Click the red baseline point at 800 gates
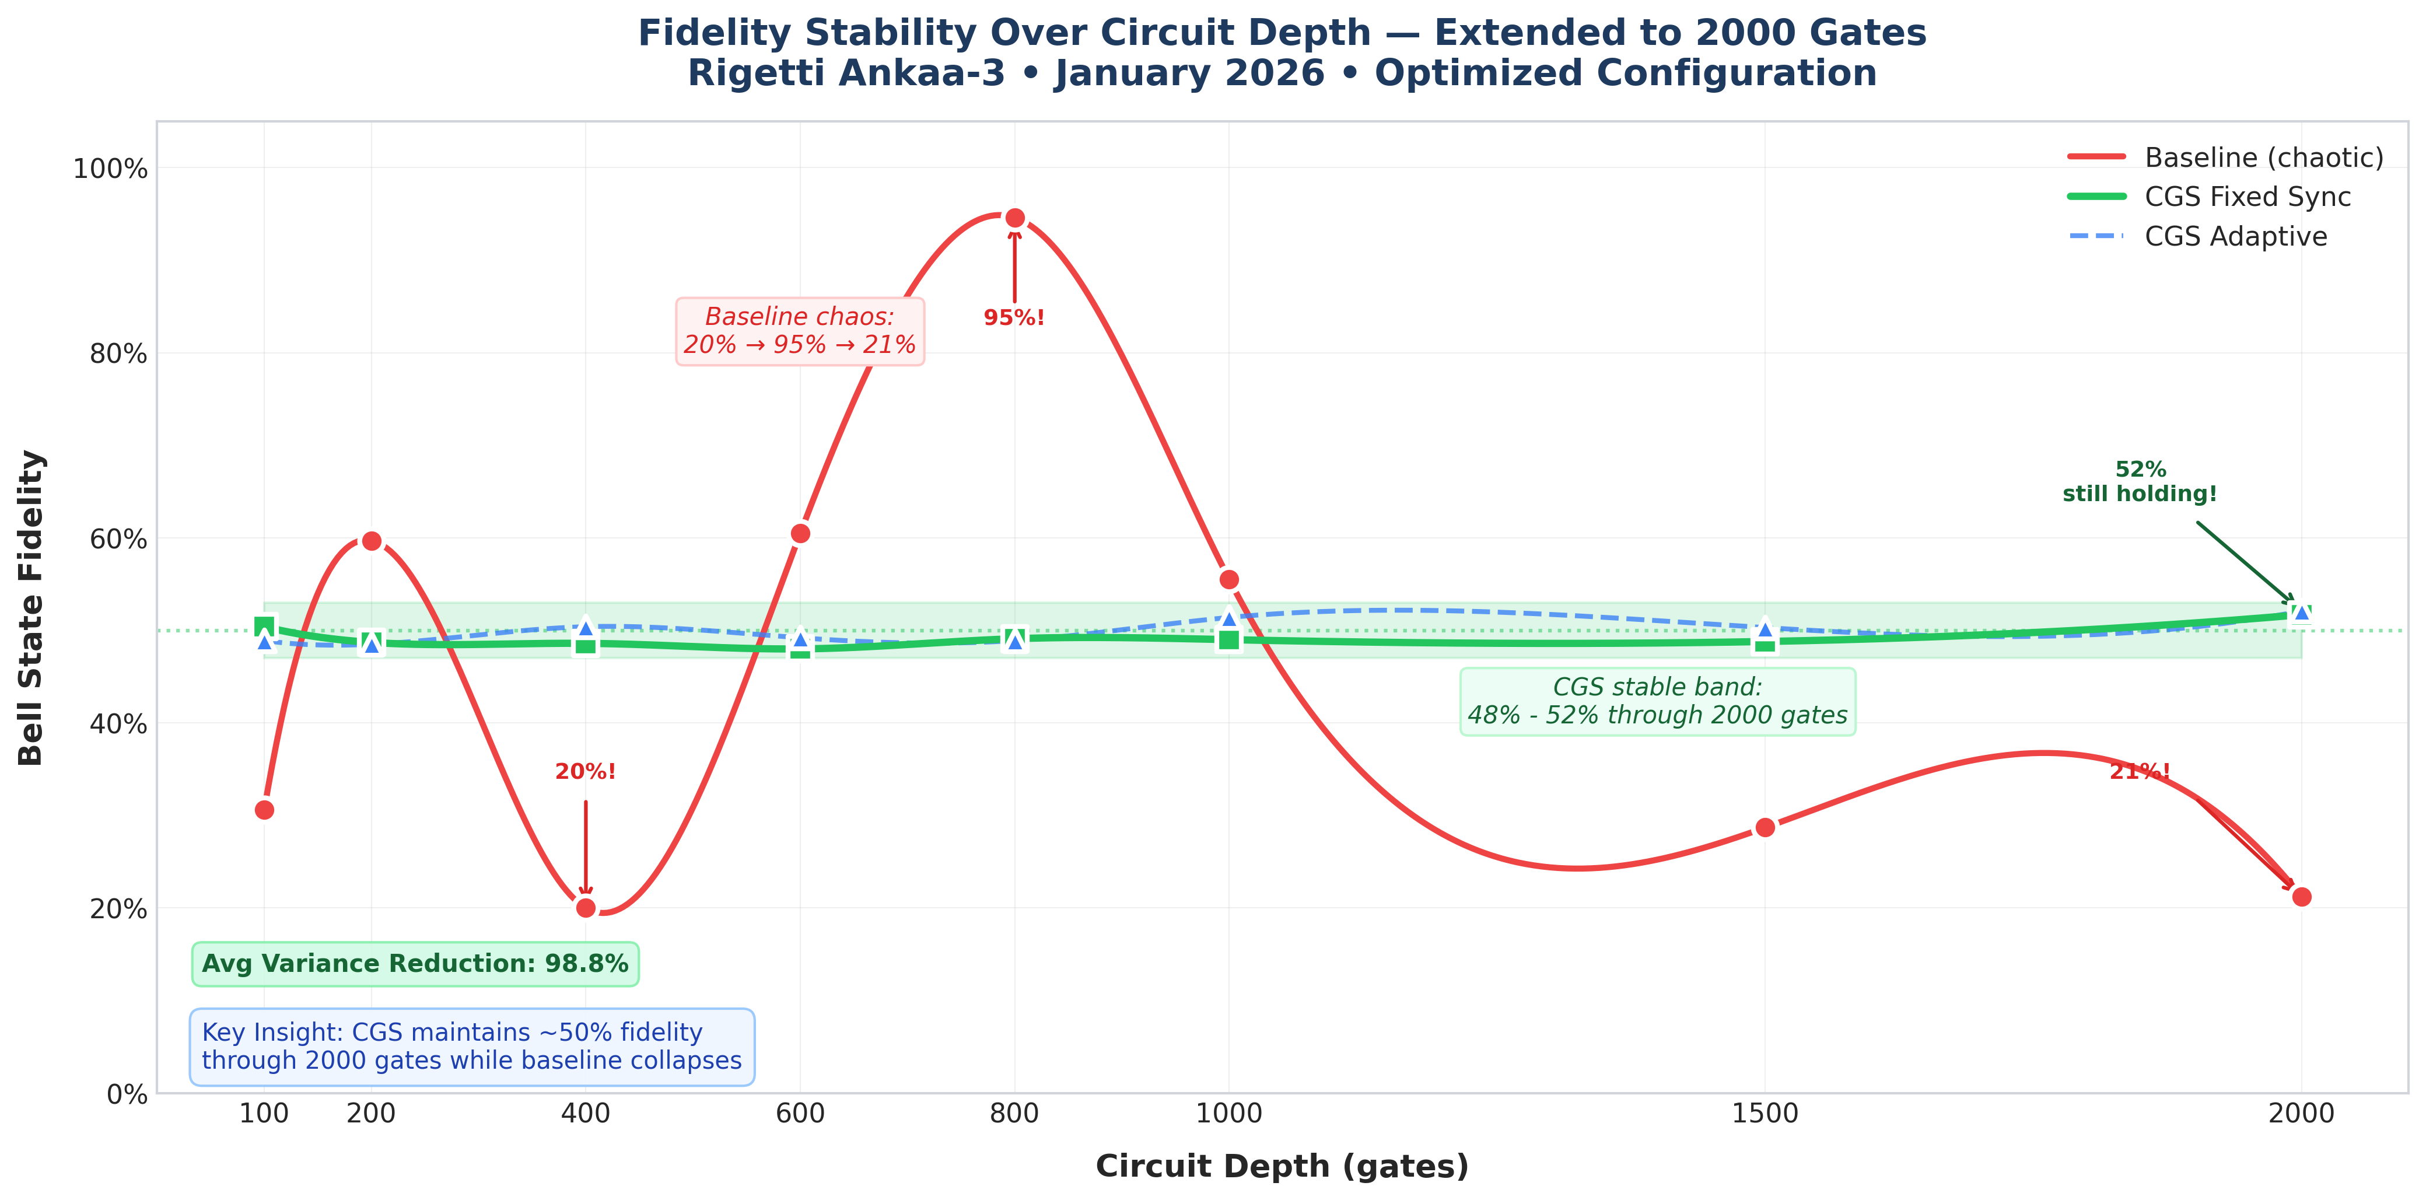tap(1014, 219)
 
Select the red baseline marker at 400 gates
tap(586, 908)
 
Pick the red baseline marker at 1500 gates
tap(1765, 827)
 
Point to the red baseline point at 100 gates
tap(265, 810)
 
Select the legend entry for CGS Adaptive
tap(2235, 236)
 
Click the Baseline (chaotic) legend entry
tap(2263, 158)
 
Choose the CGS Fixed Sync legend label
tap(2247, 197)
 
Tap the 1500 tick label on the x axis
tap(1765, 1113)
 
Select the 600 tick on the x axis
tap(800, 1113)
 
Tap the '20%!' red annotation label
tap(586, 772)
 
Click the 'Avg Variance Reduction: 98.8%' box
tap(415, 964)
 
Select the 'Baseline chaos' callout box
tap(800, 331)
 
